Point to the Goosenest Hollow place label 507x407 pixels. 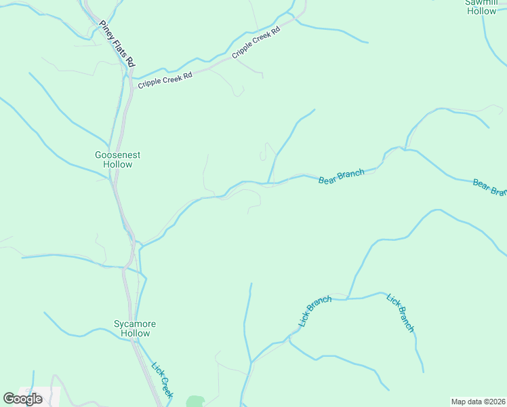click(118, 159)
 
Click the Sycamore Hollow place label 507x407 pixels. click(135, 328)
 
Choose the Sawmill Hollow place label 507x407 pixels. click(481, 7)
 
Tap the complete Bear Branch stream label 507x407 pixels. click(342, 176)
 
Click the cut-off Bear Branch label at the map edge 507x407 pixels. click(490, 187)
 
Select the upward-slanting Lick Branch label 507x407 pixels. click(315, 310)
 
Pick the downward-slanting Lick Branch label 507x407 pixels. click(400, 312)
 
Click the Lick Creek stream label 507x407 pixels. click(163, 381)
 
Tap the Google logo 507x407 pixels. click(22, 398)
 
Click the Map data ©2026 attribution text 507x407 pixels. click(479, 401)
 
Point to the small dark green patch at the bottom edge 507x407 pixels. click(195, 402)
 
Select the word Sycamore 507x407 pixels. click(135, 324)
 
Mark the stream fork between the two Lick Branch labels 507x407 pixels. click(348, 298)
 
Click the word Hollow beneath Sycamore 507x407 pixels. click(135, 333)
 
